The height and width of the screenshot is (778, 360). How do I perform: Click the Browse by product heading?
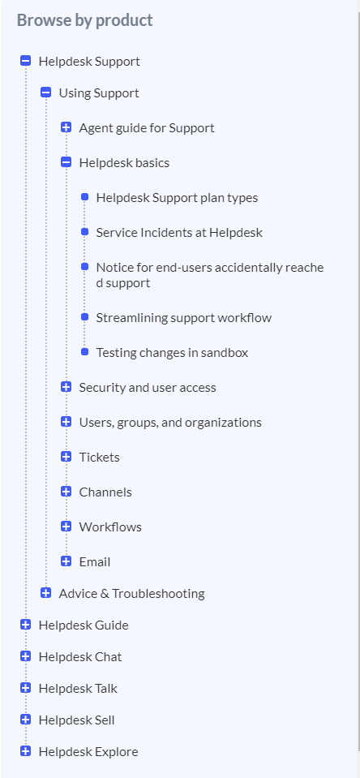(85, 20)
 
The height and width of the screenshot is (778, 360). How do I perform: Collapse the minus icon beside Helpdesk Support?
(26, 61)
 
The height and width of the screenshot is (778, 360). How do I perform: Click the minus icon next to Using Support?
(46, 92)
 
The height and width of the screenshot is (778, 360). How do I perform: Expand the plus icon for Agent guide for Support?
(66, 127)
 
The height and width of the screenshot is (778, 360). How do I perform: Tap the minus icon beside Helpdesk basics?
(66, 162)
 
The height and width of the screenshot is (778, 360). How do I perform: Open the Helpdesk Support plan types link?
(177, 197)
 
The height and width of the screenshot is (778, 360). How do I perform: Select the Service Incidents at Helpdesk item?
(179, 232)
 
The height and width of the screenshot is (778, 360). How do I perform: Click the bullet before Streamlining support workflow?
(85, 316)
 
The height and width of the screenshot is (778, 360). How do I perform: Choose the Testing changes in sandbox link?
(172, 352)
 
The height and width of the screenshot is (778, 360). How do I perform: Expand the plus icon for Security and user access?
(66, 387)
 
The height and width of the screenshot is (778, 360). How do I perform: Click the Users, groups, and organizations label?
(170, 422)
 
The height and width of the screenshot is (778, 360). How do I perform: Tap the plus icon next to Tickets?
(66, 457)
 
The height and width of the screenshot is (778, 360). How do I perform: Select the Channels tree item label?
(105, 492)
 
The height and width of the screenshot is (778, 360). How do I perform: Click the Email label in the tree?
(95, 561)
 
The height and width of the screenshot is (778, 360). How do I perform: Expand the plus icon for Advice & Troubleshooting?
(46, 593)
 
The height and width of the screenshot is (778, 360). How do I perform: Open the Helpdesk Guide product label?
(84, 625)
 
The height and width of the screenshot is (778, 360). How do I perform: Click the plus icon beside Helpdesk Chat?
(26, 656)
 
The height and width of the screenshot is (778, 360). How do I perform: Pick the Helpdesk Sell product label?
(76, 720)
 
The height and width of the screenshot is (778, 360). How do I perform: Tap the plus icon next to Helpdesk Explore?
(26, 751)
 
